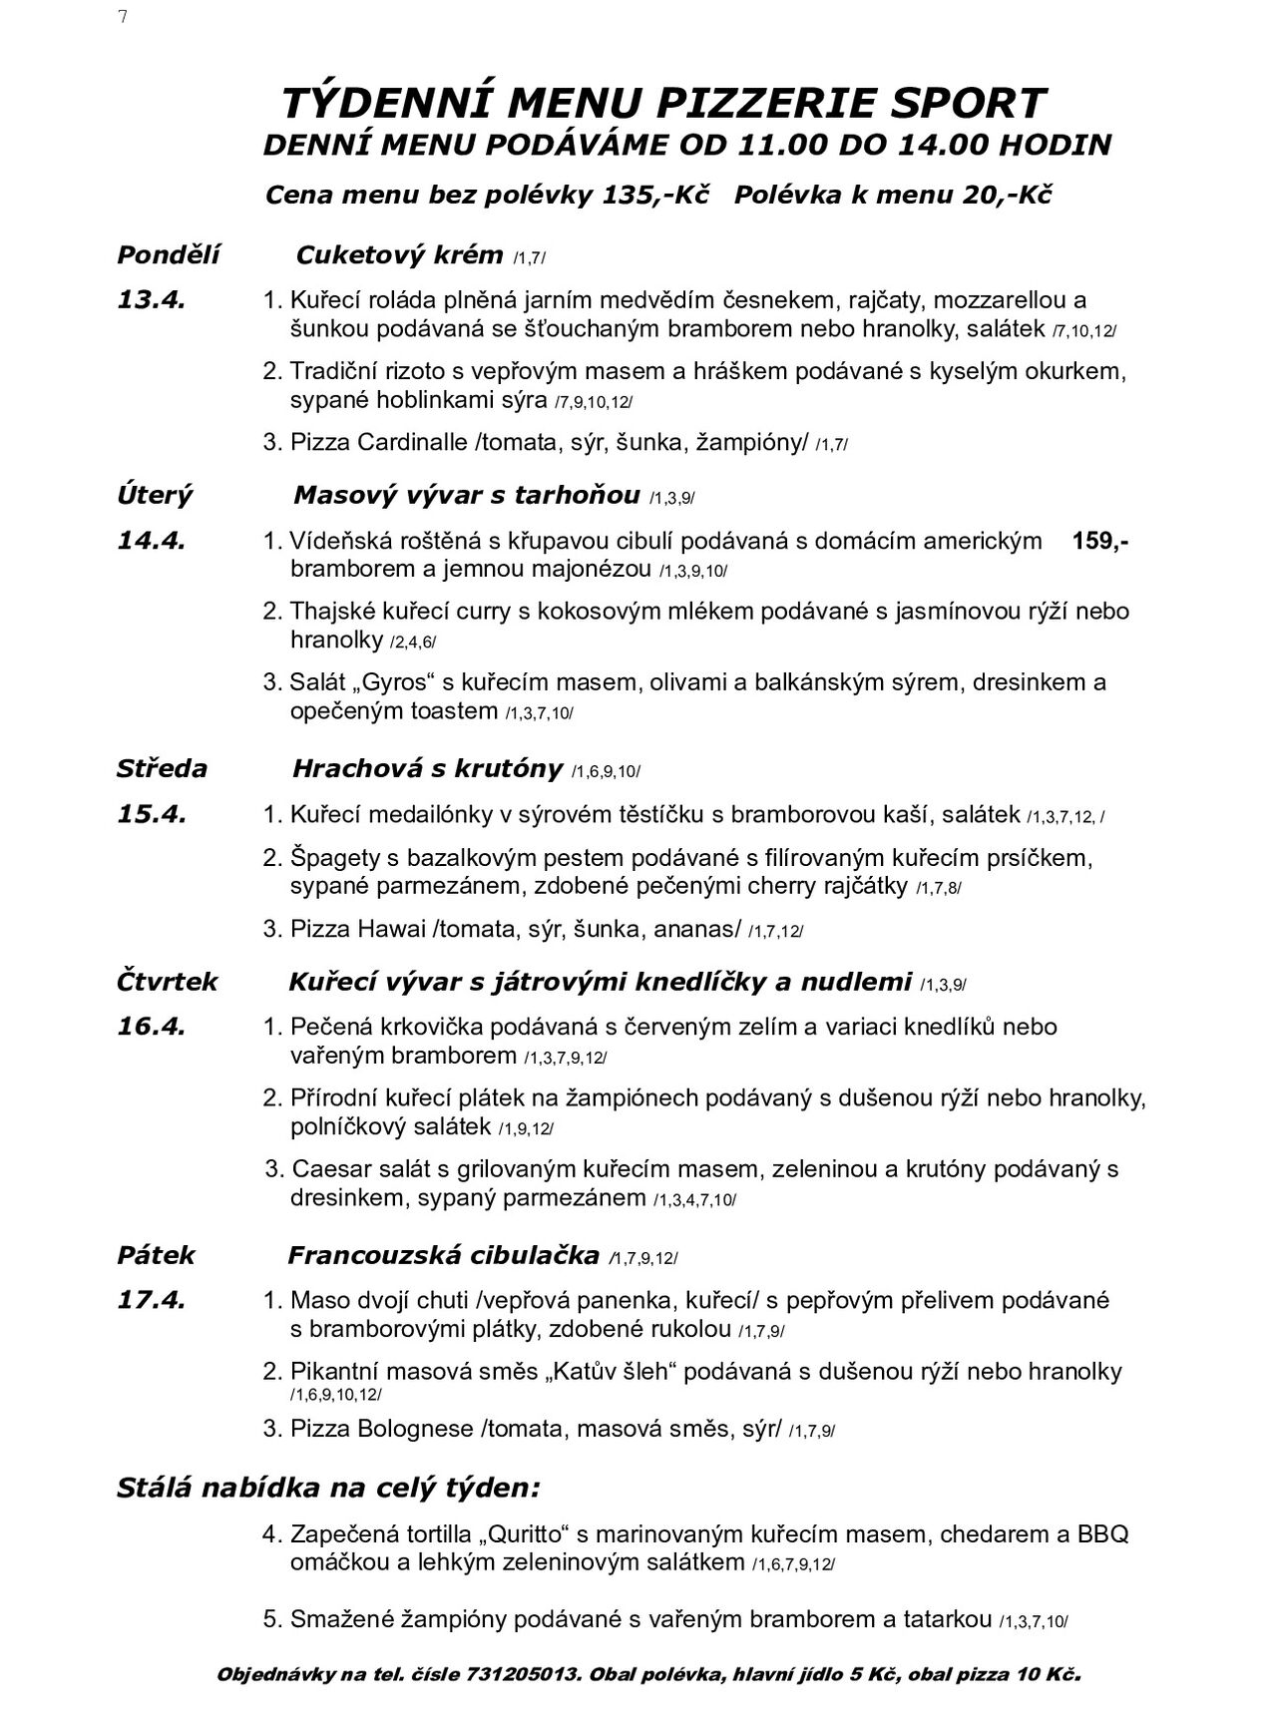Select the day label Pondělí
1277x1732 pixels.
coord(168,254)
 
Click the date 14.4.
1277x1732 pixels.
coord(151,541)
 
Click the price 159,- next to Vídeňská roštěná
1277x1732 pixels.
coord(1100,541)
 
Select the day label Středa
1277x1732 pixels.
coord(162,768)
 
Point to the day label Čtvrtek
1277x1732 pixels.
coord(167,982)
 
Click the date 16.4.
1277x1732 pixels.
coord(151,1027)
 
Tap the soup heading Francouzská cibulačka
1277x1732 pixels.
coord(443,1255)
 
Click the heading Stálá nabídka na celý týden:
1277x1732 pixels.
coord(328,1489)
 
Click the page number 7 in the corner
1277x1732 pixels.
coord(123,17)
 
